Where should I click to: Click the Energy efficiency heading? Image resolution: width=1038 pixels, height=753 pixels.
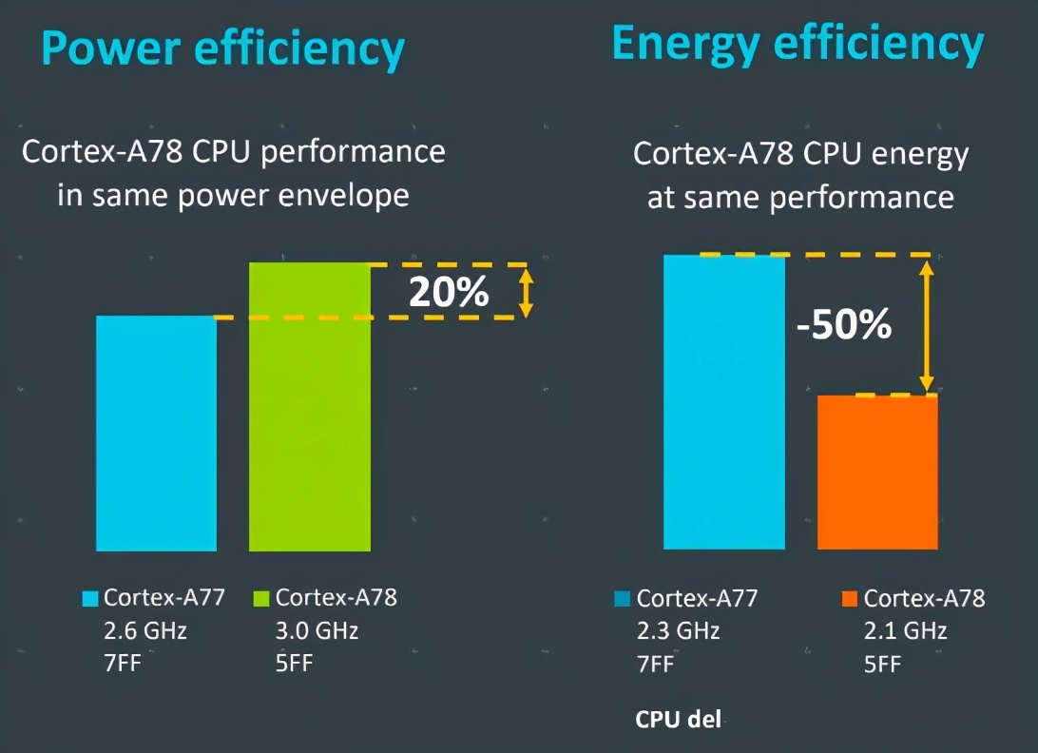(797, 45)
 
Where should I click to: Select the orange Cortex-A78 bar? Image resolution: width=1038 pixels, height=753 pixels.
(877, 472)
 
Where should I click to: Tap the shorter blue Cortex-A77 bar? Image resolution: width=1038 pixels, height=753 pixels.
(156, 433)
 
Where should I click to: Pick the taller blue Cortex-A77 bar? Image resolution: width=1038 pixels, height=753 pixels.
(723, 401)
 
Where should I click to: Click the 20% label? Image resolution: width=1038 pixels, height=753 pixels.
(449, 292)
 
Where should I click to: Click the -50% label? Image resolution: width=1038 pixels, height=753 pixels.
(844, 326)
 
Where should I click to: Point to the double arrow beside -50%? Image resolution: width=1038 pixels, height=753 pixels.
(928, 324)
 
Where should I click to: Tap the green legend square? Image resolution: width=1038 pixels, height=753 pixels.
(261, 599)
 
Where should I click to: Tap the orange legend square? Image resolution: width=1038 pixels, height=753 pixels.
(849, 599)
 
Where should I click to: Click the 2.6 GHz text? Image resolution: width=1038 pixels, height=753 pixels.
(145, 630)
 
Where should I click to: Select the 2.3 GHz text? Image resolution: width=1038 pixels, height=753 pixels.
(678, 631)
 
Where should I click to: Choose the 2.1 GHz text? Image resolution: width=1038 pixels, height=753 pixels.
(905, 631)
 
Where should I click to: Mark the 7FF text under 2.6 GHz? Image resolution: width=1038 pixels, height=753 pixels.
(123, 663)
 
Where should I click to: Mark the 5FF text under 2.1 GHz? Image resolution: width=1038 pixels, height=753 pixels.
(882, 664)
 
